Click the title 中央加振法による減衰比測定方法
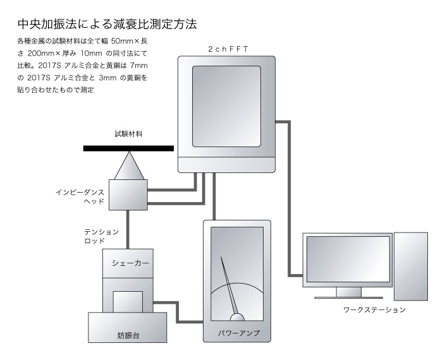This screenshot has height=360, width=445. (x=107, y=25)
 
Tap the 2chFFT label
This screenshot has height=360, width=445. (x=228, y=49)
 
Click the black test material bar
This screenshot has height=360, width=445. (x=128, y=148)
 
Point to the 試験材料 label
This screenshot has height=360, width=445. (x=128, y=134)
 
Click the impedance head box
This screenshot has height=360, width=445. (x=128, y=195)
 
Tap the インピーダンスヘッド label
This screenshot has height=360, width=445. (x=80, y=196)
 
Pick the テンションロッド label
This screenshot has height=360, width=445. (x=101, y=236)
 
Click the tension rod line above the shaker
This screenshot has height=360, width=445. (x=128, y=230)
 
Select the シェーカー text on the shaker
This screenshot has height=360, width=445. (x=130, y=263)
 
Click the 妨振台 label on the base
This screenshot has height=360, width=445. (x=128, y=335)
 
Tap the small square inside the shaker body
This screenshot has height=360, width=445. (x=128, y=302)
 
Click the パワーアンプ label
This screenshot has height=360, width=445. (x=239, y=333)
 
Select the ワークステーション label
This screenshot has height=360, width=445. (x=374, y=309)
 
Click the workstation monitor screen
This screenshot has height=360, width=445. (x=348, y=259)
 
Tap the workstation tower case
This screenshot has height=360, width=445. (x=411, y=267)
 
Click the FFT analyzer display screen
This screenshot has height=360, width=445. (x=226, y=106)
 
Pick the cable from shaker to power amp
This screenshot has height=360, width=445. (x=178, y=312)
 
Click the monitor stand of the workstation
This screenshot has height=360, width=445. (x=348, y=292)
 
